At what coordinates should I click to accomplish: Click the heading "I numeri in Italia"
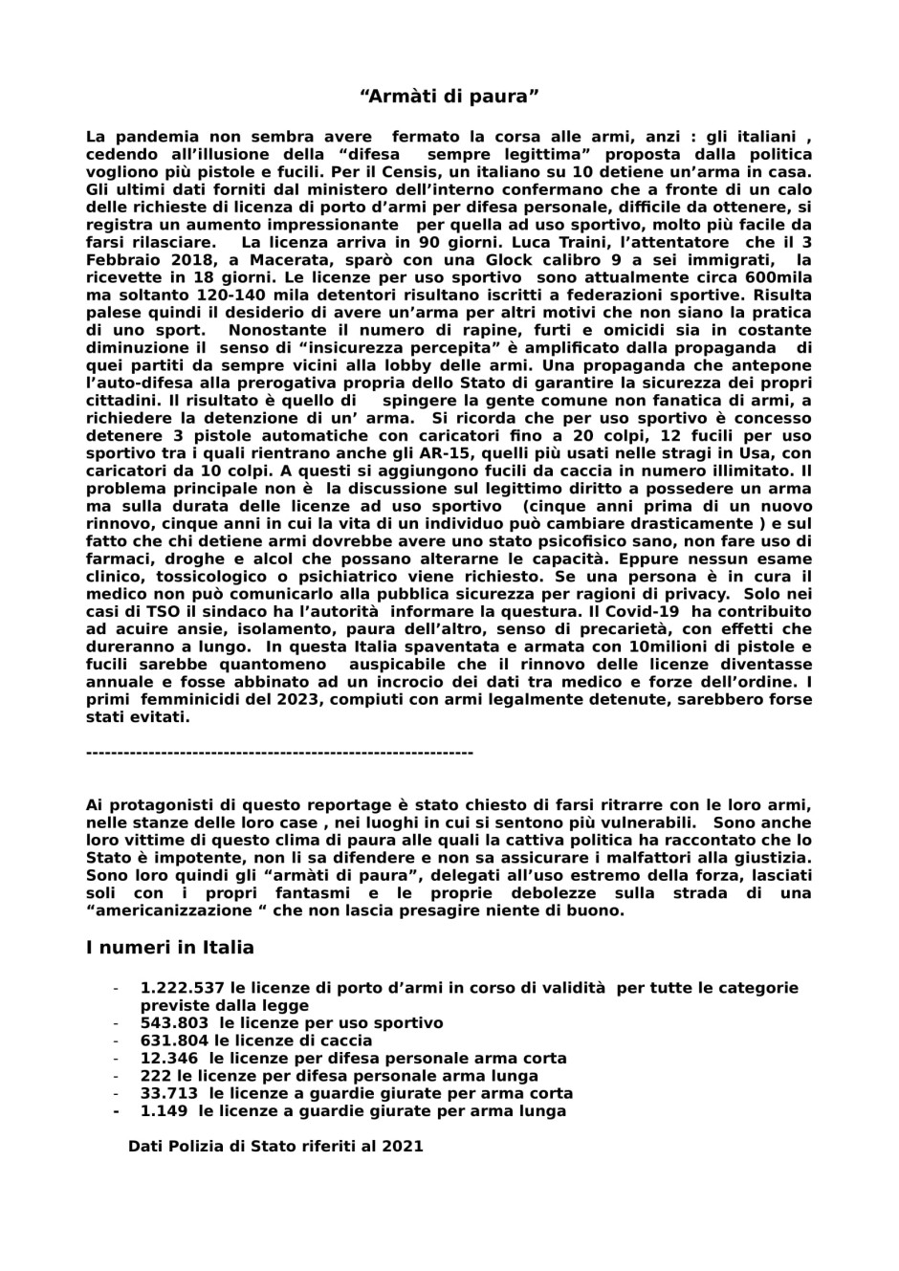[169, 948]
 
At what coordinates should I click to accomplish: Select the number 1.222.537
[182, 988]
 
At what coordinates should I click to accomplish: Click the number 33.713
[169, 1093]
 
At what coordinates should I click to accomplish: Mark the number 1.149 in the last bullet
[164, 1110]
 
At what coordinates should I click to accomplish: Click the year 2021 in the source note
[402, 1146]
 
